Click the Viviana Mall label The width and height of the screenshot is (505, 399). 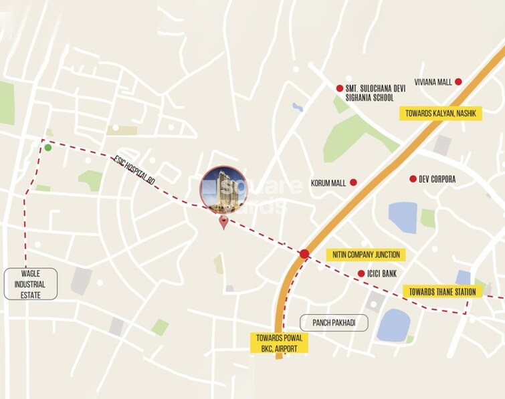(433, 82)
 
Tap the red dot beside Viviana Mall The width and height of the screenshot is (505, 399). (458, 82)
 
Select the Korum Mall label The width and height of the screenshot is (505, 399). (328, 182)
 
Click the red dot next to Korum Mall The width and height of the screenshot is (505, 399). (354, 182)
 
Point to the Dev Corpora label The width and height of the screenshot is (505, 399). (437, 179)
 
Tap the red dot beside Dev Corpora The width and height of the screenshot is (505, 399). (413, 178)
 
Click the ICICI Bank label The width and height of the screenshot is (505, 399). (382, 273)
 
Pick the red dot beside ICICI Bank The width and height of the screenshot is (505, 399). (361, 273)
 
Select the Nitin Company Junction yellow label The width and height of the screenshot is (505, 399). (365, 255)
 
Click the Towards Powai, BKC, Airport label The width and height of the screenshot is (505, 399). (278, 343)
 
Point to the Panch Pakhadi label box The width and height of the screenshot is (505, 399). (334, 323)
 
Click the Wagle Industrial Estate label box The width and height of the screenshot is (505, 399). (30, 283)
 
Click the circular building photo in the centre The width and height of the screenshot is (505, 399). (223, 189)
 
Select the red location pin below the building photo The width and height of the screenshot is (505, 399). (224, 223)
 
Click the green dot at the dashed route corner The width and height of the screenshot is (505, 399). (47, 147)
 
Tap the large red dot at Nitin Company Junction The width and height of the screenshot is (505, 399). (304, 254)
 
